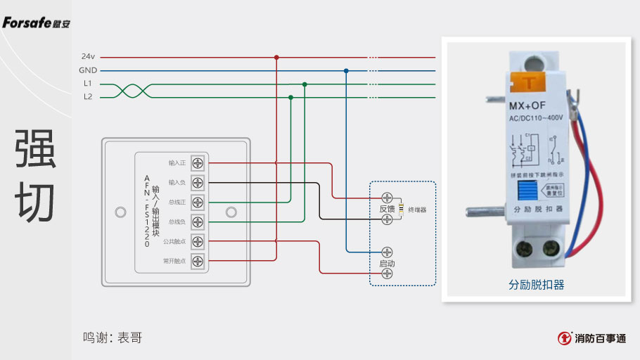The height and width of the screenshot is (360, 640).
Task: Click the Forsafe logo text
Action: [37, 23]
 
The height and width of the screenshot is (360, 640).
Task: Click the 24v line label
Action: [88, 56]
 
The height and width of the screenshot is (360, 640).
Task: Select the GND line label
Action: [88, 70]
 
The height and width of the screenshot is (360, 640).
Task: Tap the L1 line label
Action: [88, 84]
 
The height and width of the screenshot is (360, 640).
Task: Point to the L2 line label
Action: [88, 97]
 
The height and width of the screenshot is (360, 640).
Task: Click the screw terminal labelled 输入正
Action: [198, 163]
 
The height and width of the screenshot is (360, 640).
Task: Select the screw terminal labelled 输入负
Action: [198, 183]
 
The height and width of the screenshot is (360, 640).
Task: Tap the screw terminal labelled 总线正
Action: [198, 202]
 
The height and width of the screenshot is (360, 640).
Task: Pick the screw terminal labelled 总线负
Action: [198, 222]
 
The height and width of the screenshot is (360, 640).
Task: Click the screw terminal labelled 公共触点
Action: [198, 242]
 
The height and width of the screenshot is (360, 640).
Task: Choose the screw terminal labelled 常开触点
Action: [198, 262]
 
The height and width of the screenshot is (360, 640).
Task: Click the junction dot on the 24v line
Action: [276, 57]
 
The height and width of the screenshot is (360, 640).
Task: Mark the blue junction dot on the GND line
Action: [346, 71]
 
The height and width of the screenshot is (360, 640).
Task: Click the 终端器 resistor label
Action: [418, 210]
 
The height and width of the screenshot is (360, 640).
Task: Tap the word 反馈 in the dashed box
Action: [387, 209]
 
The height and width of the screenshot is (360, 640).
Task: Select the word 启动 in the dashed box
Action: [387, 263]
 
